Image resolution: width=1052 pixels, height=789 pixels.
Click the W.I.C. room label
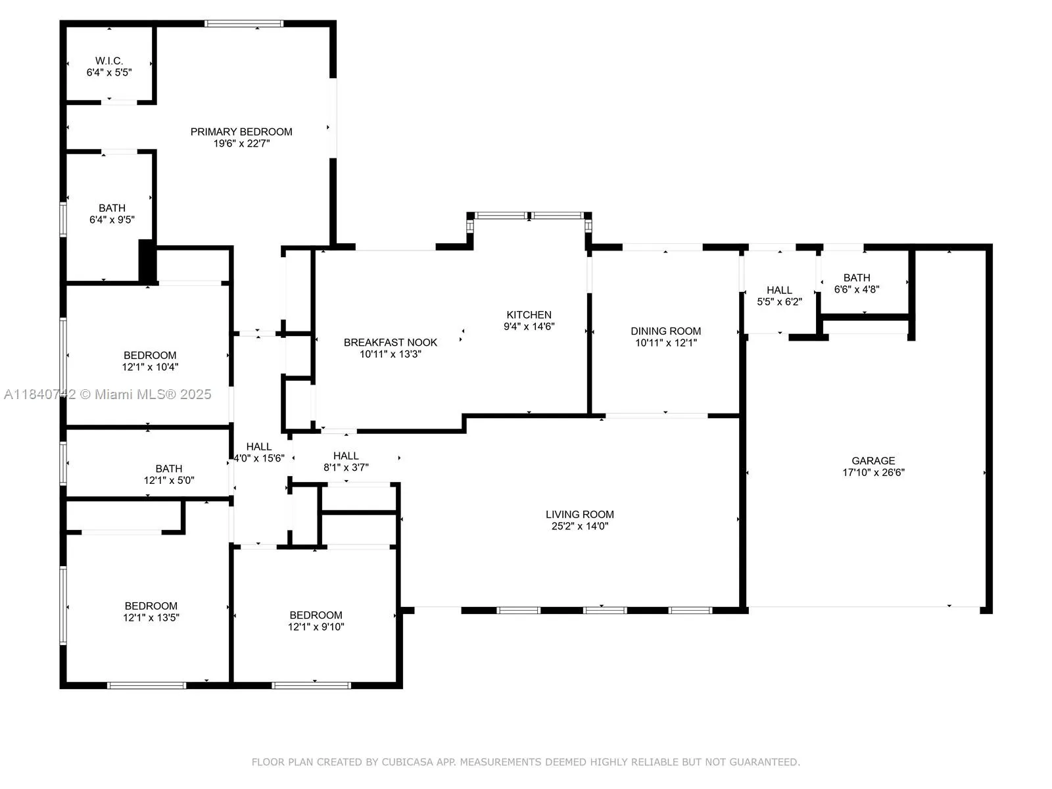(x=108, y=61)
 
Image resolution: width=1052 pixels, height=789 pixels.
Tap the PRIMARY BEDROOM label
(x=241, y=131)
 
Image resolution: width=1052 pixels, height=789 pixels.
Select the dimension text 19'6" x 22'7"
(x=241, y=143)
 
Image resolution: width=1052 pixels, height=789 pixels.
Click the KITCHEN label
(x=529, y=315)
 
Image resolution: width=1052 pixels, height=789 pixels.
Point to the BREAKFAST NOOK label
(x=390, y=343)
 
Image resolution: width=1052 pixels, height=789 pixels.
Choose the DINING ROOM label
(x=665, y=331)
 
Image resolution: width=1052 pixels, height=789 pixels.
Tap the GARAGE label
(x=873, y=461)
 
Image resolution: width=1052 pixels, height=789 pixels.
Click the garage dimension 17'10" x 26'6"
(x=873, y=472)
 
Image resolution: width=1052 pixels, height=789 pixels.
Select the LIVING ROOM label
(x=579, y=515)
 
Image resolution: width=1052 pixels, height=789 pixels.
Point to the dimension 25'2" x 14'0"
(x=579, y=526)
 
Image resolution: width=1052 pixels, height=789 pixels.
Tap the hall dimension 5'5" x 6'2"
(x=779, y=302)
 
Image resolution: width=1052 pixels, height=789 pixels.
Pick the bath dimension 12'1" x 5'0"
(x=169, y=480)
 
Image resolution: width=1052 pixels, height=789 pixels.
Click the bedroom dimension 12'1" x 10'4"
(x=150, y=367)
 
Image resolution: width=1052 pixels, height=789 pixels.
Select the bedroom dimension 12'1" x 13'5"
(x=151, y=617)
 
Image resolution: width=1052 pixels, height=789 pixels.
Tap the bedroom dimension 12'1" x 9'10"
(x=316, y=627)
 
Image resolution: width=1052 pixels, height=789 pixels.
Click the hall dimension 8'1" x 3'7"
(x=346, y=467)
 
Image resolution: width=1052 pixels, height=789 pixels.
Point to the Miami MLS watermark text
(x=107, y=394)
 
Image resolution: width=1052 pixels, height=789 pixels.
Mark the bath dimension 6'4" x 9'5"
(x=112, y=220)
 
